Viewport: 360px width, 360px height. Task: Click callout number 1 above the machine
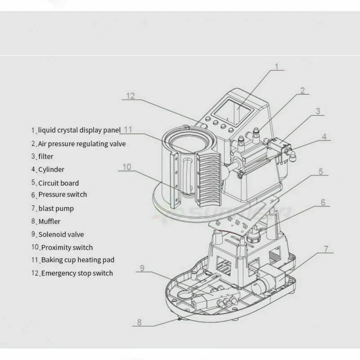(277, 67)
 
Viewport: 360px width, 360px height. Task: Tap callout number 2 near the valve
(302, 90)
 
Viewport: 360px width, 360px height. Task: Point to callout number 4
(324, 136)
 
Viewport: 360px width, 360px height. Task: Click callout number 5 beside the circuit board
(320, 171)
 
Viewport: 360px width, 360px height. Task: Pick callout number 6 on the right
(323, 202)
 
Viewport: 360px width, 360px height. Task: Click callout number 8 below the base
(139, 322)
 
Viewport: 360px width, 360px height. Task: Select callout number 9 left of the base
(141, 269)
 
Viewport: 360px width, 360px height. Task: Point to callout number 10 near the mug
(126, 167)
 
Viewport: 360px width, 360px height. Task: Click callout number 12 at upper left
(130, 96)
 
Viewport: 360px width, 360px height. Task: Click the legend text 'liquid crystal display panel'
(79, 130)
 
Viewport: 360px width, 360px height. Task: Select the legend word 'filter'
(45, 157)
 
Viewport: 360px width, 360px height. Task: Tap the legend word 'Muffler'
(49, 221)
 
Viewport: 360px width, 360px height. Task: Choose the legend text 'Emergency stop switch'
(77, 273)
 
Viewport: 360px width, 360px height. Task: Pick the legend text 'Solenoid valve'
(61, 234)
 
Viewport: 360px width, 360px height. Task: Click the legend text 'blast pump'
(56, 208)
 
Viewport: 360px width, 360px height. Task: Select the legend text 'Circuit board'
(58, 183)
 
